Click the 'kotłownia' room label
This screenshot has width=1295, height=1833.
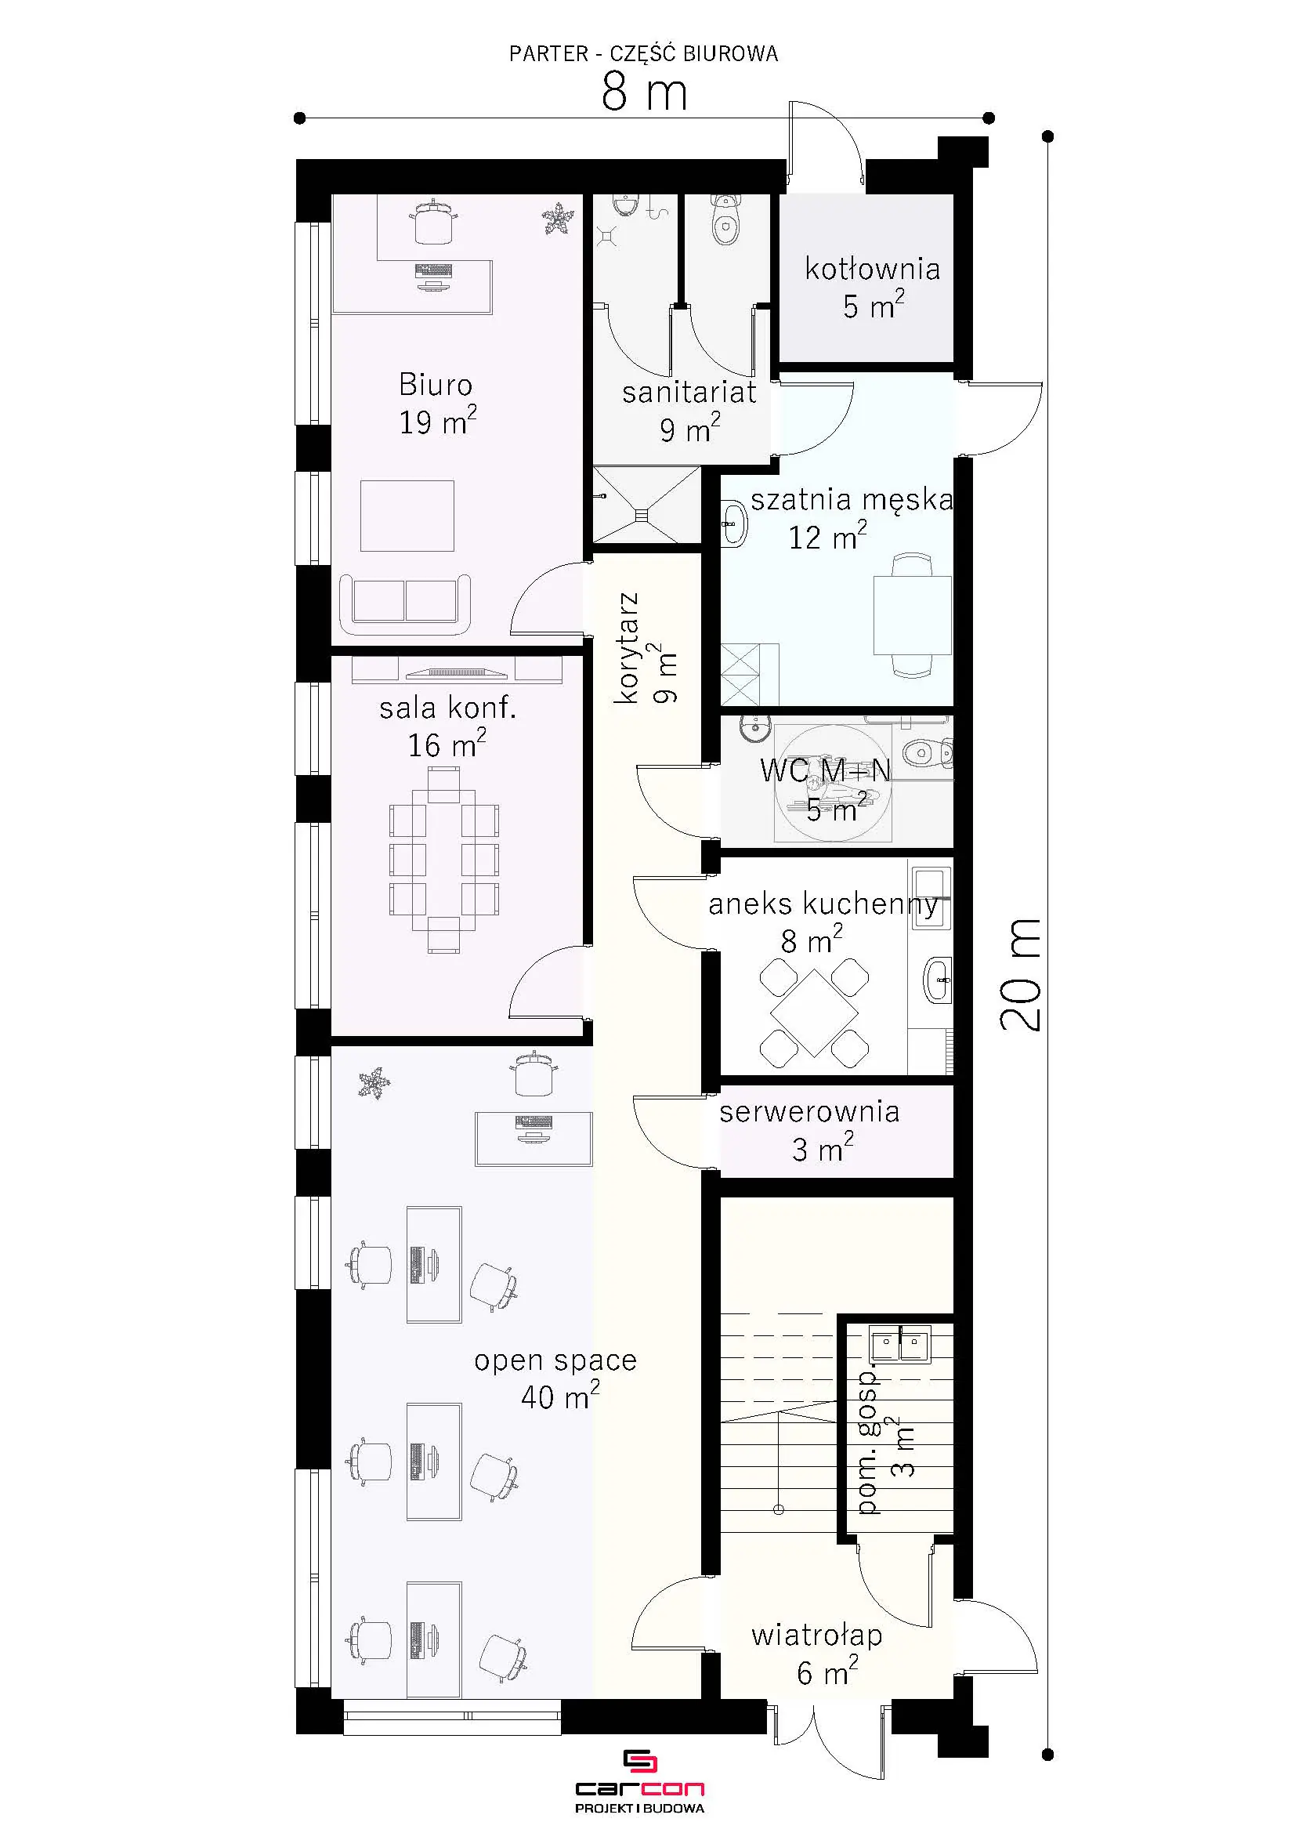(872, 269)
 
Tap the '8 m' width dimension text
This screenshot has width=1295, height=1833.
(645, 92)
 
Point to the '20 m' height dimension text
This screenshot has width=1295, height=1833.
(1022, 974)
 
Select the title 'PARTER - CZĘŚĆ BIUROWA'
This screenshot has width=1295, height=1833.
(643, 53)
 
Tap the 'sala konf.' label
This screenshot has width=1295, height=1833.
(447, 708)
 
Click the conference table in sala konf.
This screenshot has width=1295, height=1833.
(443, 860)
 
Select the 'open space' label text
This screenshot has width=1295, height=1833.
(555, 1360)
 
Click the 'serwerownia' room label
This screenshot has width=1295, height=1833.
(809, 1112)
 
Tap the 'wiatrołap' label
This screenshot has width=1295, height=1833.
(816, 1636)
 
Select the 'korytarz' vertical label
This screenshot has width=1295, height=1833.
(628, 647)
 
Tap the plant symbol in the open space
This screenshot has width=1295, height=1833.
(374, 1083)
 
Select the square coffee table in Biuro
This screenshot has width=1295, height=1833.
(407, 516)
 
